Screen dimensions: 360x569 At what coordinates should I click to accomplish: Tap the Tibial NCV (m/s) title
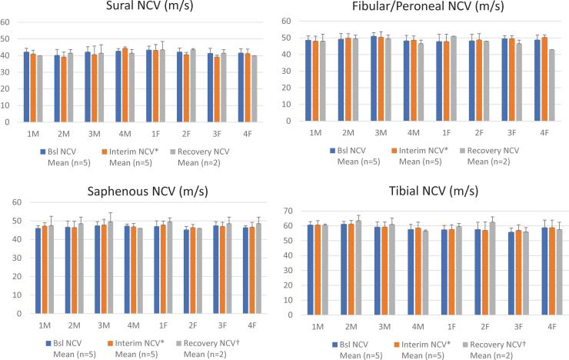tap(427, 190)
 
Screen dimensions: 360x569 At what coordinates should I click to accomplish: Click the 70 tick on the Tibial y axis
tap(290, 211)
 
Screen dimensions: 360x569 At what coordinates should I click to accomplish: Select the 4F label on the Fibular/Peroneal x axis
tap(540, 132)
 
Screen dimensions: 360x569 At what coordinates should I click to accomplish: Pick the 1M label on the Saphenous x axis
tap(45, 325)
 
